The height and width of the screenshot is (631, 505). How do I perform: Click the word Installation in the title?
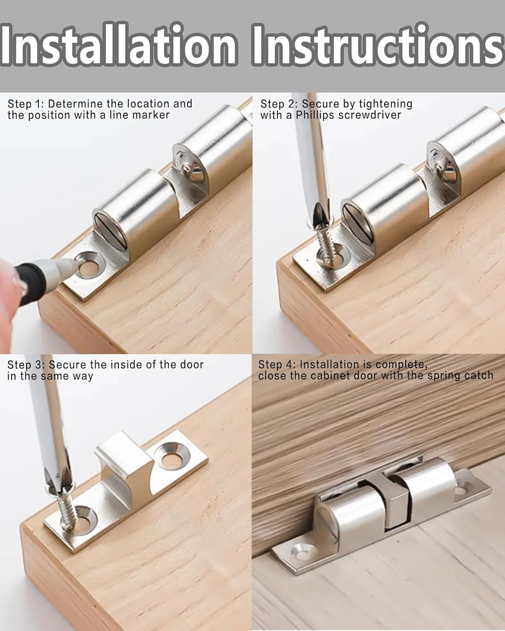pyautogui.click(x=118, y=45)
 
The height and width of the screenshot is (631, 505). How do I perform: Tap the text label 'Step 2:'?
pyautogui.click(x=279, y=104)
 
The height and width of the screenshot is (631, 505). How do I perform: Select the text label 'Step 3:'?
pyautogui.click(x=26, y=365)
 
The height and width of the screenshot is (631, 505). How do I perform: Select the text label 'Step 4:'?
pyautogui.click(x=277, y=364)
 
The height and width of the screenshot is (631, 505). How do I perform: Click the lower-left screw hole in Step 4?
pyautogui.click(x=302, y=551)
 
